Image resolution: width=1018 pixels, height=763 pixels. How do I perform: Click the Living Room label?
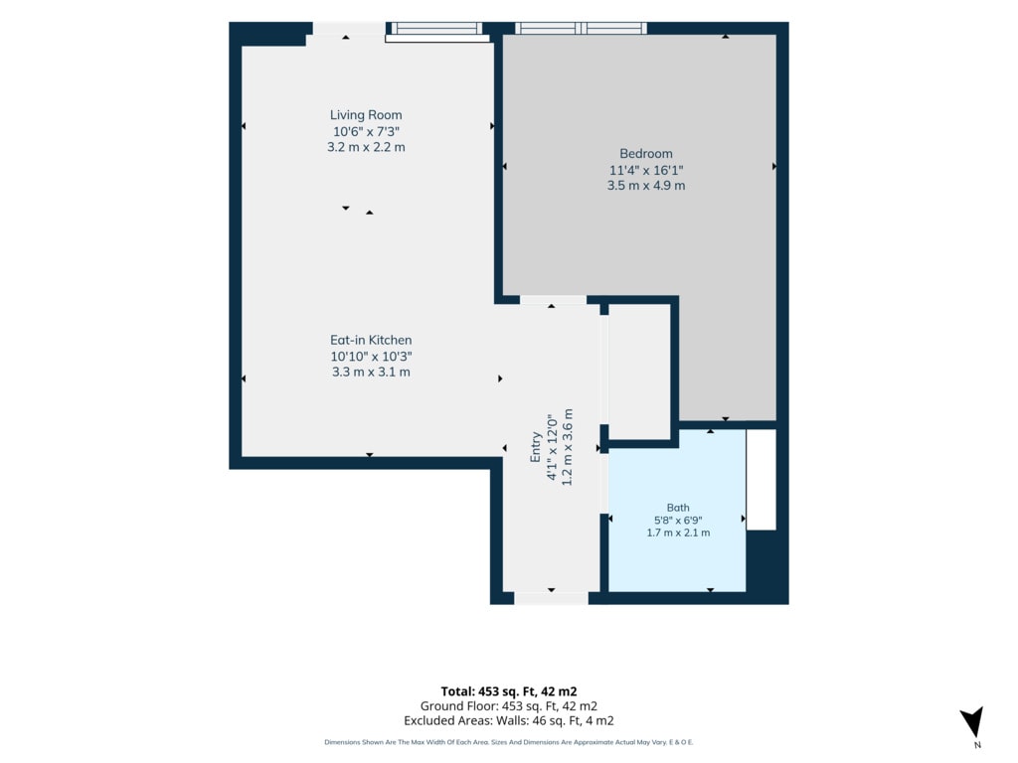[x=366, y=115]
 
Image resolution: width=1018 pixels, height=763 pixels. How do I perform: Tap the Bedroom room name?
[x=645, y=154]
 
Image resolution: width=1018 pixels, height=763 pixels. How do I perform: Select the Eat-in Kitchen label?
[x=371, y=340]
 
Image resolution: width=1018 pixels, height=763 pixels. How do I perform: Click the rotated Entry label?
[x=535, y=447]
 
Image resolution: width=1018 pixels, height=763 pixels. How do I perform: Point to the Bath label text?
[x=678, y=508]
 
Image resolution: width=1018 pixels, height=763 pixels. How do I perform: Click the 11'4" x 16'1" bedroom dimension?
[x=646, y=170]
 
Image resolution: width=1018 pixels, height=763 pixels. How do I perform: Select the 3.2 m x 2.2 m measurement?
[x=366, y=147]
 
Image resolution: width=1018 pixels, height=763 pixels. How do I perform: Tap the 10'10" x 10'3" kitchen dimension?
[x=371, y=357]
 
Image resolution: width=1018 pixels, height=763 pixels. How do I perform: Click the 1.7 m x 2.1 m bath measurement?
[x=678, y=533]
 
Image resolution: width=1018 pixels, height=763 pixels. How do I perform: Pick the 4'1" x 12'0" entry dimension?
[x=552, y=447]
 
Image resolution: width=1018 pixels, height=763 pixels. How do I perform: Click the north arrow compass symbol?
[x=972, y=721]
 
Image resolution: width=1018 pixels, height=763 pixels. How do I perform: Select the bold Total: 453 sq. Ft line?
[x=508, y=691]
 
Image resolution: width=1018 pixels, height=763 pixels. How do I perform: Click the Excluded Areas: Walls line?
[x=508, y=721]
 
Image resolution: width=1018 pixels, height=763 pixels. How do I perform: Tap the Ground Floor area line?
[x=508, y=706]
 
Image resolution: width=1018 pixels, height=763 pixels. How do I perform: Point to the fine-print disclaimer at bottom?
[x=508, y=742]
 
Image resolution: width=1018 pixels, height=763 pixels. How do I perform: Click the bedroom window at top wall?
[x=581, y=28]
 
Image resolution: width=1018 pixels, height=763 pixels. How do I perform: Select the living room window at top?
[x=437, y=32]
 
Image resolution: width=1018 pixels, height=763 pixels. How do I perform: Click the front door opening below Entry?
[x=551, y=598]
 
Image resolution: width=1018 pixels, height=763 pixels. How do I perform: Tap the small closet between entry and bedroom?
[x=639, y=372]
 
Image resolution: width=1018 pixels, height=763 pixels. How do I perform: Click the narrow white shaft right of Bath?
[x=761, y=480]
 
